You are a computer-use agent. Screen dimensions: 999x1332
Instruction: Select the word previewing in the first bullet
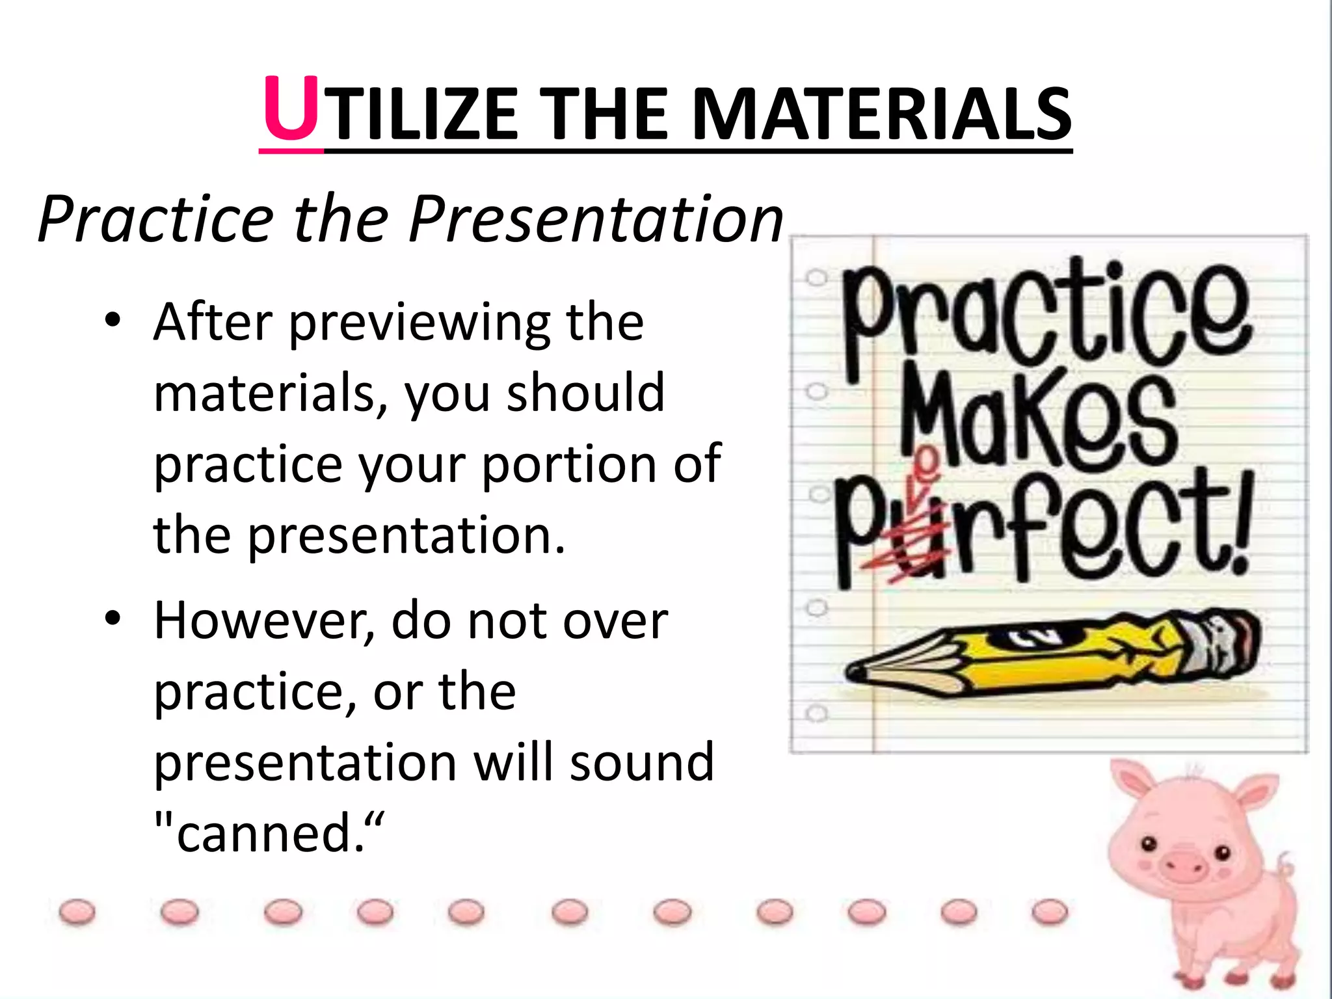click(x=420, y=323)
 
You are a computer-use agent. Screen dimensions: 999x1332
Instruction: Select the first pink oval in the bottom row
click(x=77, y=912)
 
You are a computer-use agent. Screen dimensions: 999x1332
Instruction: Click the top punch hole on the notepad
click(x=816, y=278)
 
